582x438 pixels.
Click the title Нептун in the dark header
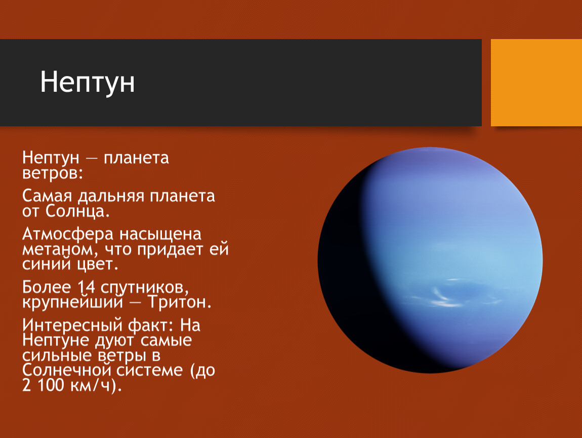point(87,82)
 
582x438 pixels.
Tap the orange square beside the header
point(536,83)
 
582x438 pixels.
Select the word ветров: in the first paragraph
point(53,173)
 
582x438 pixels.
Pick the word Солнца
point(77,211)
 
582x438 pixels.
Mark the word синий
point(47,264)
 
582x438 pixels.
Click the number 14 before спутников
point(86,287)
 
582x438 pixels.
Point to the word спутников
point(144,288)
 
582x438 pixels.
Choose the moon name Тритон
point(180,302)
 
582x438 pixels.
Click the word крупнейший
point(72,303)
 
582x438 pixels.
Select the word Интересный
point(73,325)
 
